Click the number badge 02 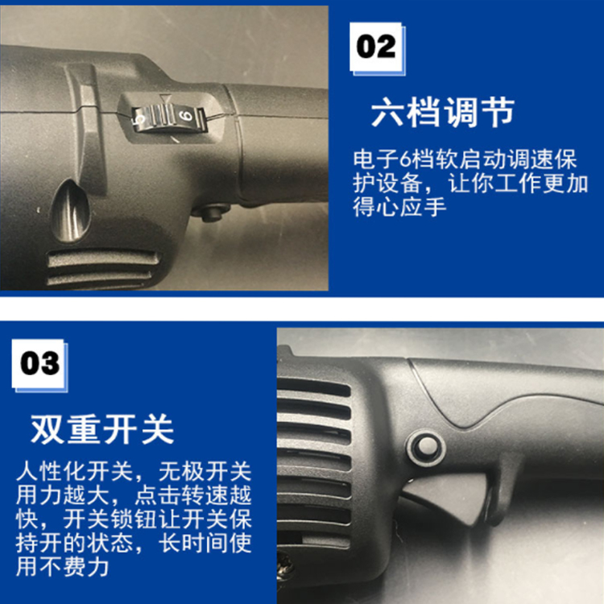(x=376, y=47)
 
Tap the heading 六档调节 (x=443, y=112)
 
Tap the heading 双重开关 (x=102, y=429)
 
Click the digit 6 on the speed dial (x=187, y=116)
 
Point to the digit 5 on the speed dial (x=138, y=119)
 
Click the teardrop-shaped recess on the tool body (x=71, y=211)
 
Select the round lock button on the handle (x=425, y=447)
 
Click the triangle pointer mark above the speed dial (x=165, y=97)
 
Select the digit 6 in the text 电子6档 (x=406, y=159)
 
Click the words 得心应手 (x=399, y=207)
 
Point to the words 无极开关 (x=205, y=471)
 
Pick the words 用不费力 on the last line (x=62, y=566)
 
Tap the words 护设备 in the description (x=387, y=183)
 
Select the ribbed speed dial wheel (x=168, y=118)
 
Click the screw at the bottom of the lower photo (x=286, y=565)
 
